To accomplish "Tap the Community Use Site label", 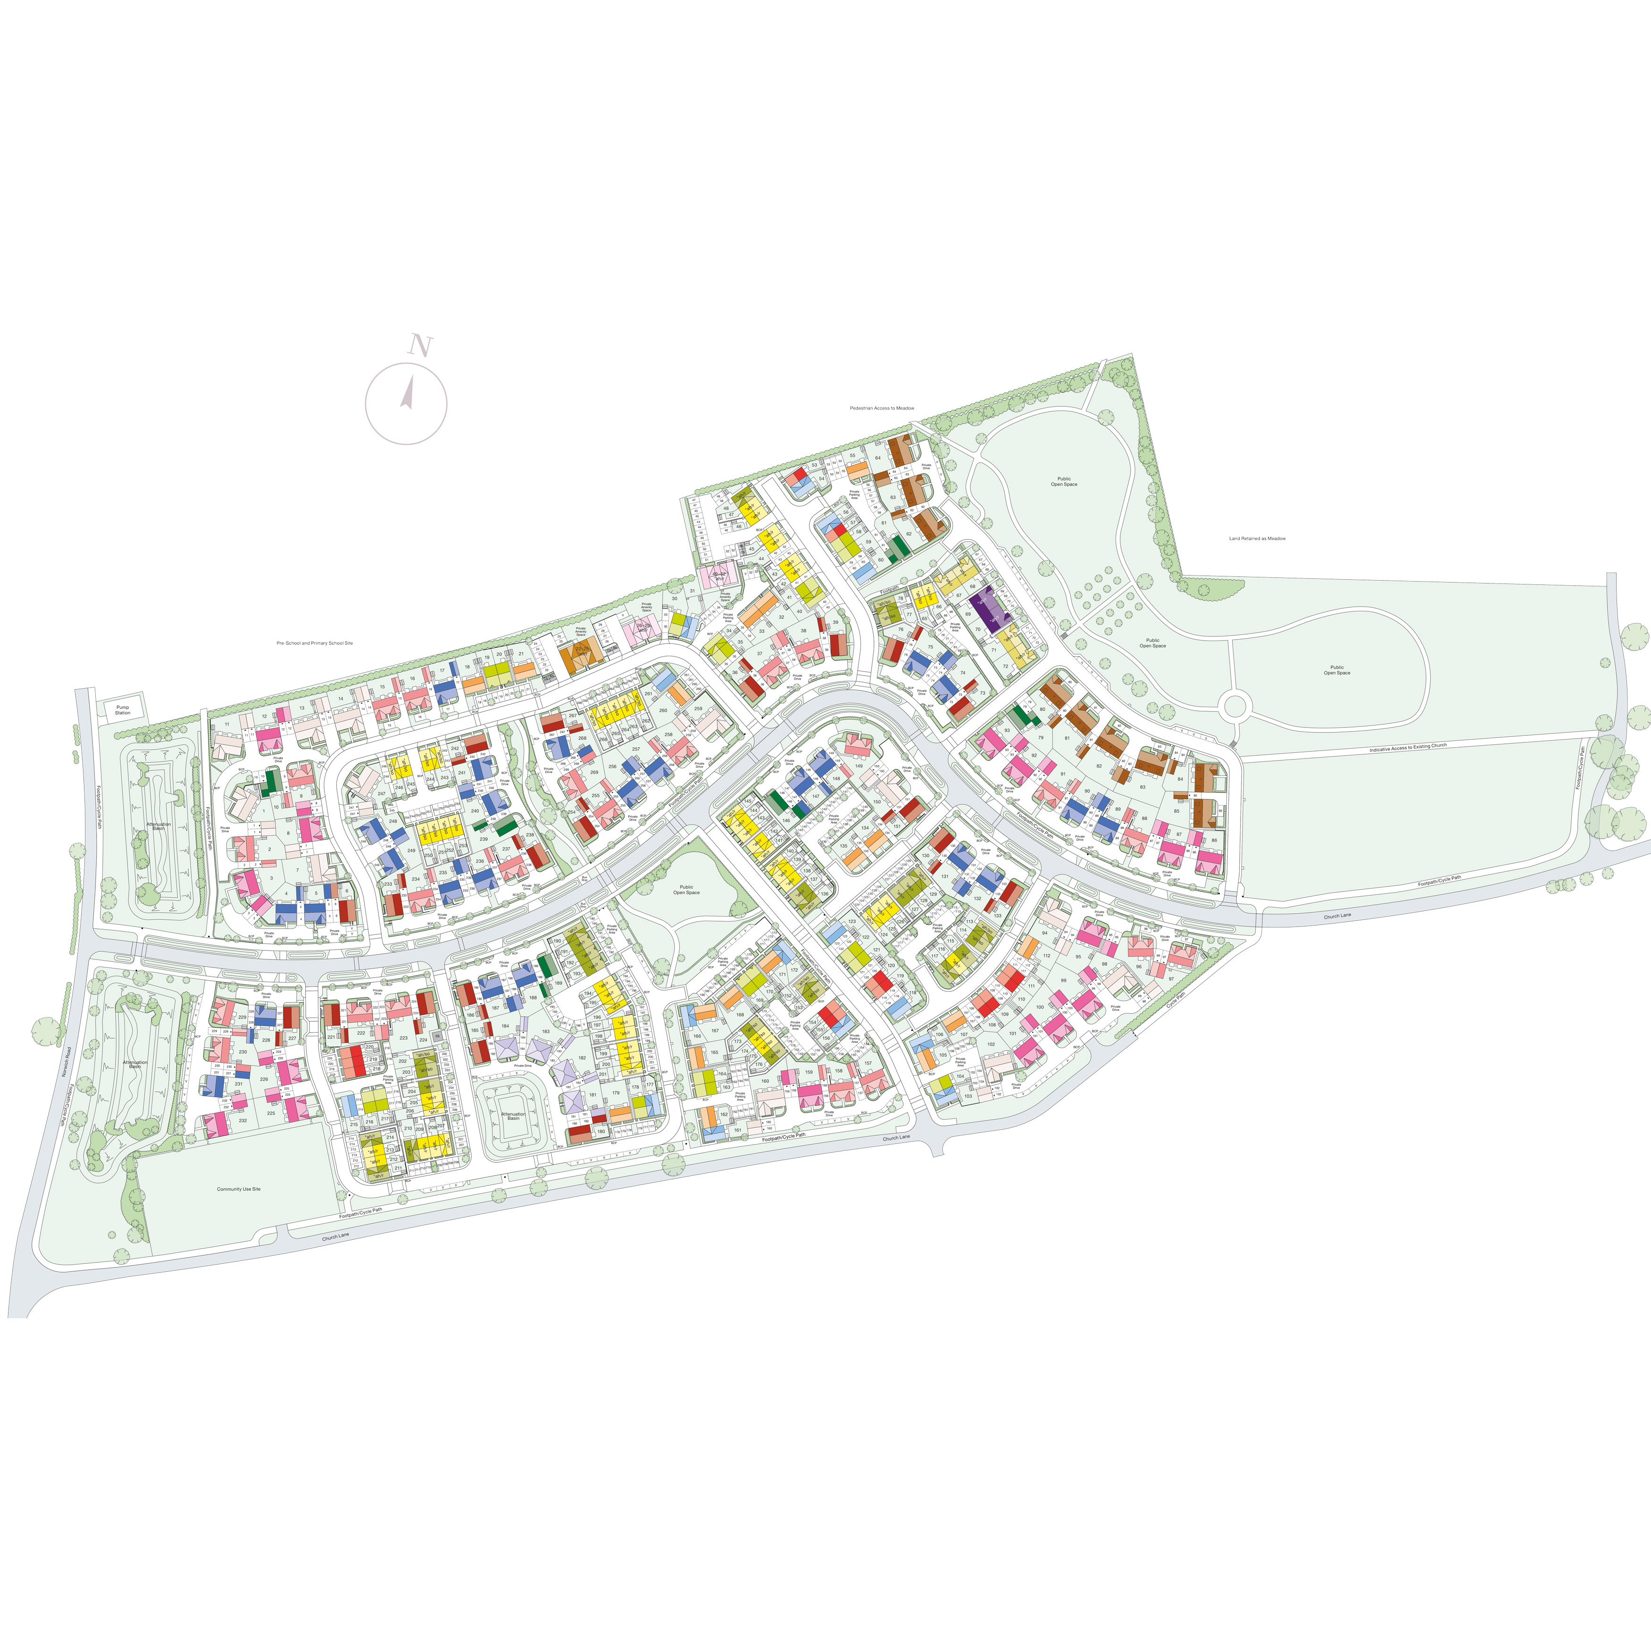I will click(238, 1189).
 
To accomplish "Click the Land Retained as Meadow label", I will click(1257, 538).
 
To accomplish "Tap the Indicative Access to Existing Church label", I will click(1408, 747).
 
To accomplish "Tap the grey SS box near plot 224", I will click(437, 1036).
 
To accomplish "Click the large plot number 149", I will click(859, 766).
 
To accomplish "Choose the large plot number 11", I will click(227, 725).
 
